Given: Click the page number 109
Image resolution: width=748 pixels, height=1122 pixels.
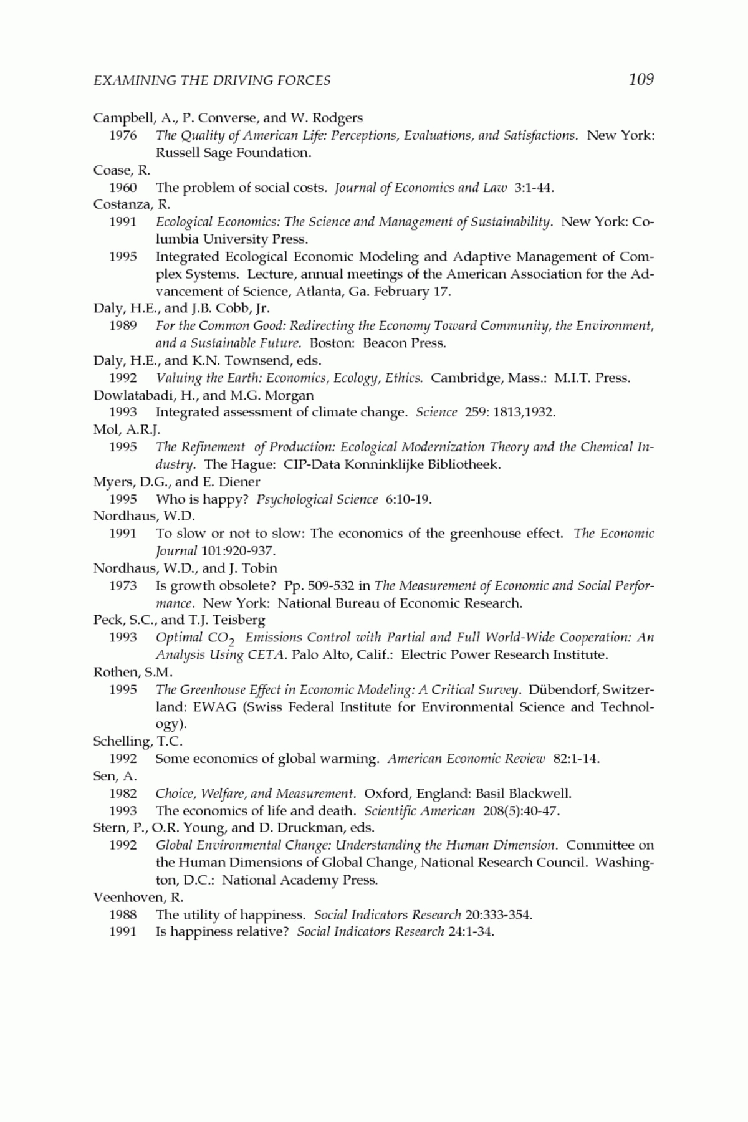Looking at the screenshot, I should [641, 79].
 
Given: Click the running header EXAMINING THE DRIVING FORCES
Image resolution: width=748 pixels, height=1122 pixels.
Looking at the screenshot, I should [212, 80].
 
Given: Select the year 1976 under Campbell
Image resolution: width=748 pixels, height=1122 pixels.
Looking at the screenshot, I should [123, 135].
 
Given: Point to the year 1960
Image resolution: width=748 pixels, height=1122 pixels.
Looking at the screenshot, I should [123, 188].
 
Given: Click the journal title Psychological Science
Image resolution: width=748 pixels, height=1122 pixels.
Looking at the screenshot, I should [317, 499].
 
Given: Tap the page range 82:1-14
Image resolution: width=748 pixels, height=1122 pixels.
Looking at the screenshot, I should [576, 759].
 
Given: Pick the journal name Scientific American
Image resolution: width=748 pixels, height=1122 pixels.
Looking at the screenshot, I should [420, 811].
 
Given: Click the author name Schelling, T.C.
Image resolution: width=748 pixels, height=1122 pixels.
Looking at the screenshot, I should [138, 742].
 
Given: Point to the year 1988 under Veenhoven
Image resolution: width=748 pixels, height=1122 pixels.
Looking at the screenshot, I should [123, 915].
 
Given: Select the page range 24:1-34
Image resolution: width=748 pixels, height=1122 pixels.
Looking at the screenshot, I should [471, 933].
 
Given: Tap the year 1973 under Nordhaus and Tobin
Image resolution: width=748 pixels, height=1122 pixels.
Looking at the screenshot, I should [123, 586].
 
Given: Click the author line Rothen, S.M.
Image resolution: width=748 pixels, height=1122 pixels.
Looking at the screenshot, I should [133, 673].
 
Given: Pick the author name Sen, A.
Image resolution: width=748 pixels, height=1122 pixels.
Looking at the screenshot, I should [115, 777].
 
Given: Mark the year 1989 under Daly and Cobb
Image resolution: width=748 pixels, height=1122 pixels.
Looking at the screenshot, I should [123, 326].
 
